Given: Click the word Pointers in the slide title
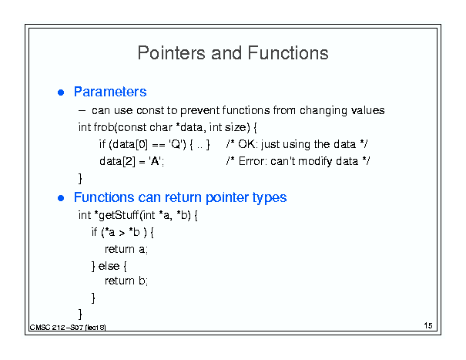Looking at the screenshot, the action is pyautogui.click(x=172, y=53).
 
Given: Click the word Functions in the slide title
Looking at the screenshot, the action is pyautogui.click(x=288, y=53).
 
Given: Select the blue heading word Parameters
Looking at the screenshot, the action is pyautogui.click(x=110, y=92).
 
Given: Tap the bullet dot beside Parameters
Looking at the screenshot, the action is pyautogui.click(x=61, y=93).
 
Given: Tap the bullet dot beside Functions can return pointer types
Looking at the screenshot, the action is pyautogui.click(x=61, y=198).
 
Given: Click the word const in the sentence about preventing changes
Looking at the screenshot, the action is pyautogui.click(x=150, y=110).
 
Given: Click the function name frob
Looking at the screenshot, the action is pyautogui.click(x=104, y=127).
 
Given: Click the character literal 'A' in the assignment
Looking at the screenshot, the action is pyautogui.click(x=155, y=161).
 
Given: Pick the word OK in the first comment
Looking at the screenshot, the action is pyautogui.click(x=247, y=144).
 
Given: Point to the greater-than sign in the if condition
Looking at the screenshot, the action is pyautogui.click(x=122, y=233).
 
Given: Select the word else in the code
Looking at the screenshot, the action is pyautogui.click(x=109, y=266).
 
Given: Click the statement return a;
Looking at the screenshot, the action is pyautogui.click(x=126, y=249).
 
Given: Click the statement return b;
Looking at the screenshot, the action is pyautogui.click(x=126, y=281).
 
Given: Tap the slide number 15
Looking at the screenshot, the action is pyautogui.click(x=428, y=325).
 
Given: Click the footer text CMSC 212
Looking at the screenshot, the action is pyautogui.click(x=47, y=328).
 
